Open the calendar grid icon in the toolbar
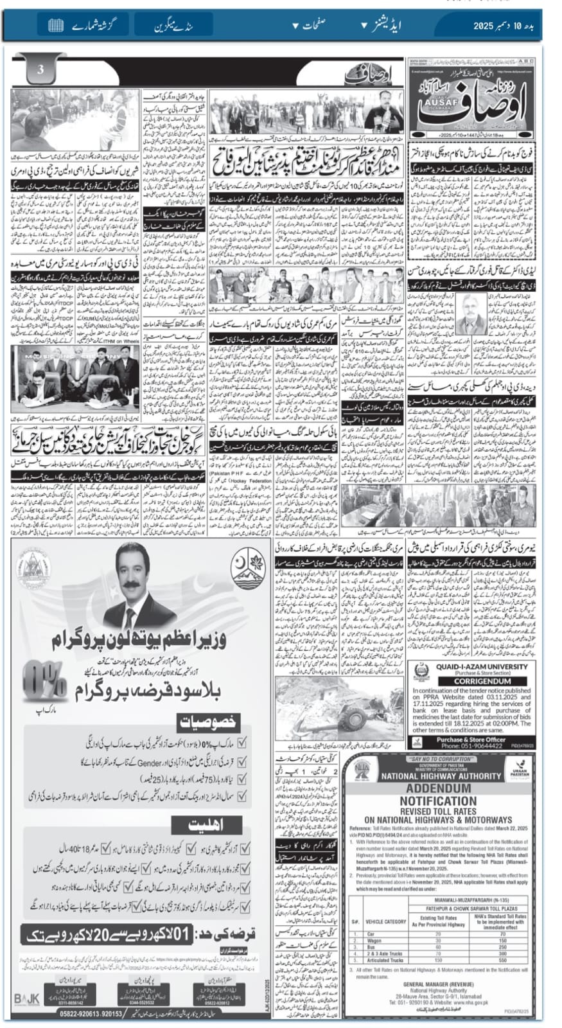(x=56, y=26)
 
